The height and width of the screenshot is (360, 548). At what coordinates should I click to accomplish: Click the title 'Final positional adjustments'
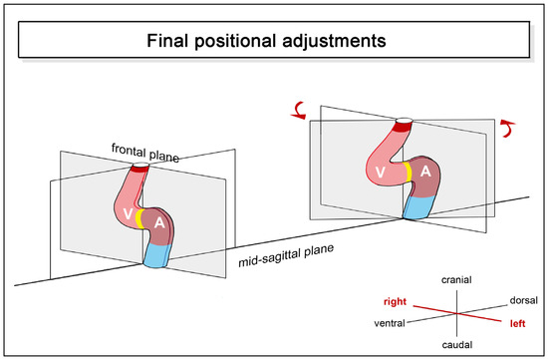point(273,43)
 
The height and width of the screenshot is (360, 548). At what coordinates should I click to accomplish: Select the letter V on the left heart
point(126,213)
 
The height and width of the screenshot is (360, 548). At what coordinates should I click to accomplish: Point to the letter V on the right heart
point(380,173)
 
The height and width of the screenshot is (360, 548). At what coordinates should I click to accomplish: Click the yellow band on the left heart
point(143,218)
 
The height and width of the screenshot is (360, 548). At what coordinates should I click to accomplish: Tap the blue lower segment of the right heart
point(417,206)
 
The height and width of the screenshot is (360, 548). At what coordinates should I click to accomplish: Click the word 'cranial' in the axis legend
point(455,281)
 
